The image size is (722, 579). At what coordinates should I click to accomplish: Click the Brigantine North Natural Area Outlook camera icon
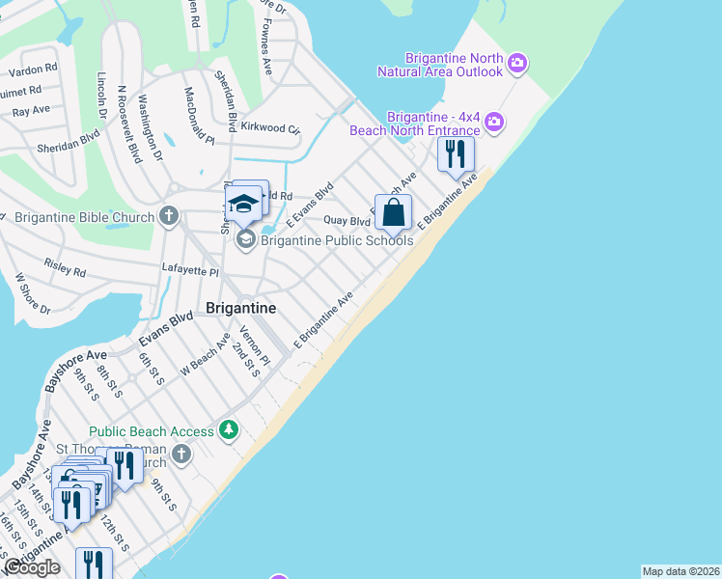tap(517, 64)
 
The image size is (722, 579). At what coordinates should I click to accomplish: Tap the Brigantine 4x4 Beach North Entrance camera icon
tap(494, 122)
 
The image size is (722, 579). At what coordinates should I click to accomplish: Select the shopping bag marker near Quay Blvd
tap(393, 211)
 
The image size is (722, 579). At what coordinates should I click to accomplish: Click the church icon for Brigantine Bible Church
tap(169, 215)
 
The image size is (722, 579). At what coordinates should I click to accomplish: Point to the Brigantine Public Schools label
tap(337, 240)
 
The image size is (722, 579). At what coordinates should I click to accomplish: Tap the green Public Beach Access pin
tap(229, 429)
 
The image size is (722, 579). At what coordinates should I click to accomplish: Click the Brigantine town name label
tap(241, 308)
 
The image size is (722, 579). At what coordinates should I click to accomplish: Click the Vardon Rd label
tap(34, 69)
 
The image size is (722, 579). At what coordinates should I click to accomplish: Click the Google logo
tap(31, 567)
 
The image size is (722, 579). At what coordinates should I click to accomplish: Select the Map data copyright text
tap(680, 571)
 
